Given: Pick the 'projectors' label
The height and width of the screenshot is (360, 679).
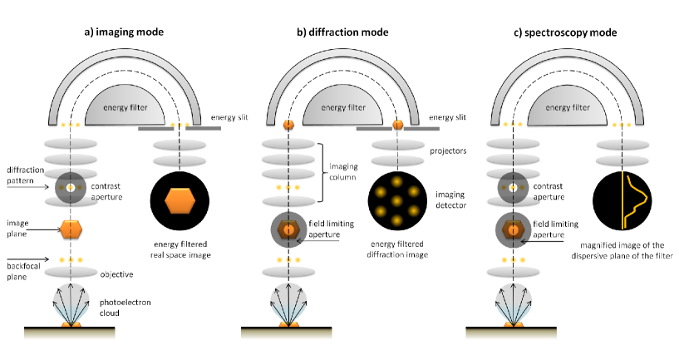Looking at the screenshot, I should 448,151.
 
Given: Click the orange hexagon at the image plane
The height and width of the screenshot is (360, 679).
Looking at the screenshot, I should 71,229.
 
